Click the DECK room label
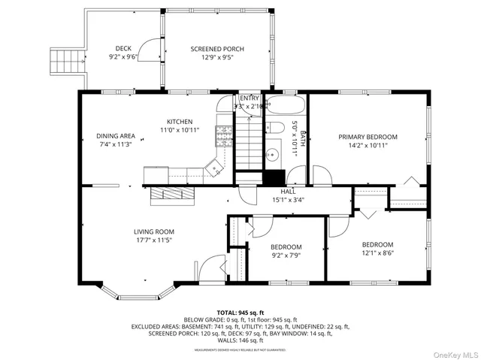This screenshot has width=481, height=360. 123,49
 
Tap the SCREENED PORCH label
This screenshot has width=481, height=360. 217,49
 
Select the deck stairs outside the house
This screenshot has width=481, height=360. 65,59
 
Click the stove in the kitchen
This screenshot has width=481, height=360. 223,135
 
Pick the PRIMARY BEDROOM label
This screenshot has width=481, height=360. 368,137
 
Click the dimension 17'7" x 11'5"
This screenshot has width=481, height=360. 154,241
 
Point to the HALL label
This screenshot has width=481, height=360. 288,192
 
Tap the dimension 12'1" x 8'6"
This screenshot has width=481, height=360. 377,253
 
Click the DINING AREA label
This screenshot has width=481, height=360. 116,136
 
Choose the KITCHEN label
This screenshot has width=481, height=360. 180,121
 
